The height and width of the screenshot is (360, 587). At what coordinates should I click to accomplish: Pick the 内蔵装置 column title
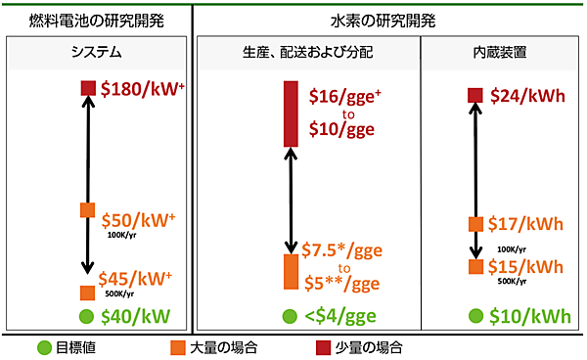click(500, 52)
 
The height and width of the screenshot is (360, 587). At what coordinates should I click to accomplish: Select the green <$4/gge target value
click(342, 317)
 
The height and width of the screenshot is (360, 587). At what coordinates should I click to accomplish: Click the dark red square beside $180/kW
click(87, 89)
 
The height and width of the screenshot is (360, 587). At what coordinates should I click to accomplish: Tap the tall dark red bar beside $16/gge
click(291, 113)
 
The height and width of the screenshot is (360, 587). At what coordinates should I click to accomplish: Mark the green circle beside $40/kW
click(87, 317)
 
